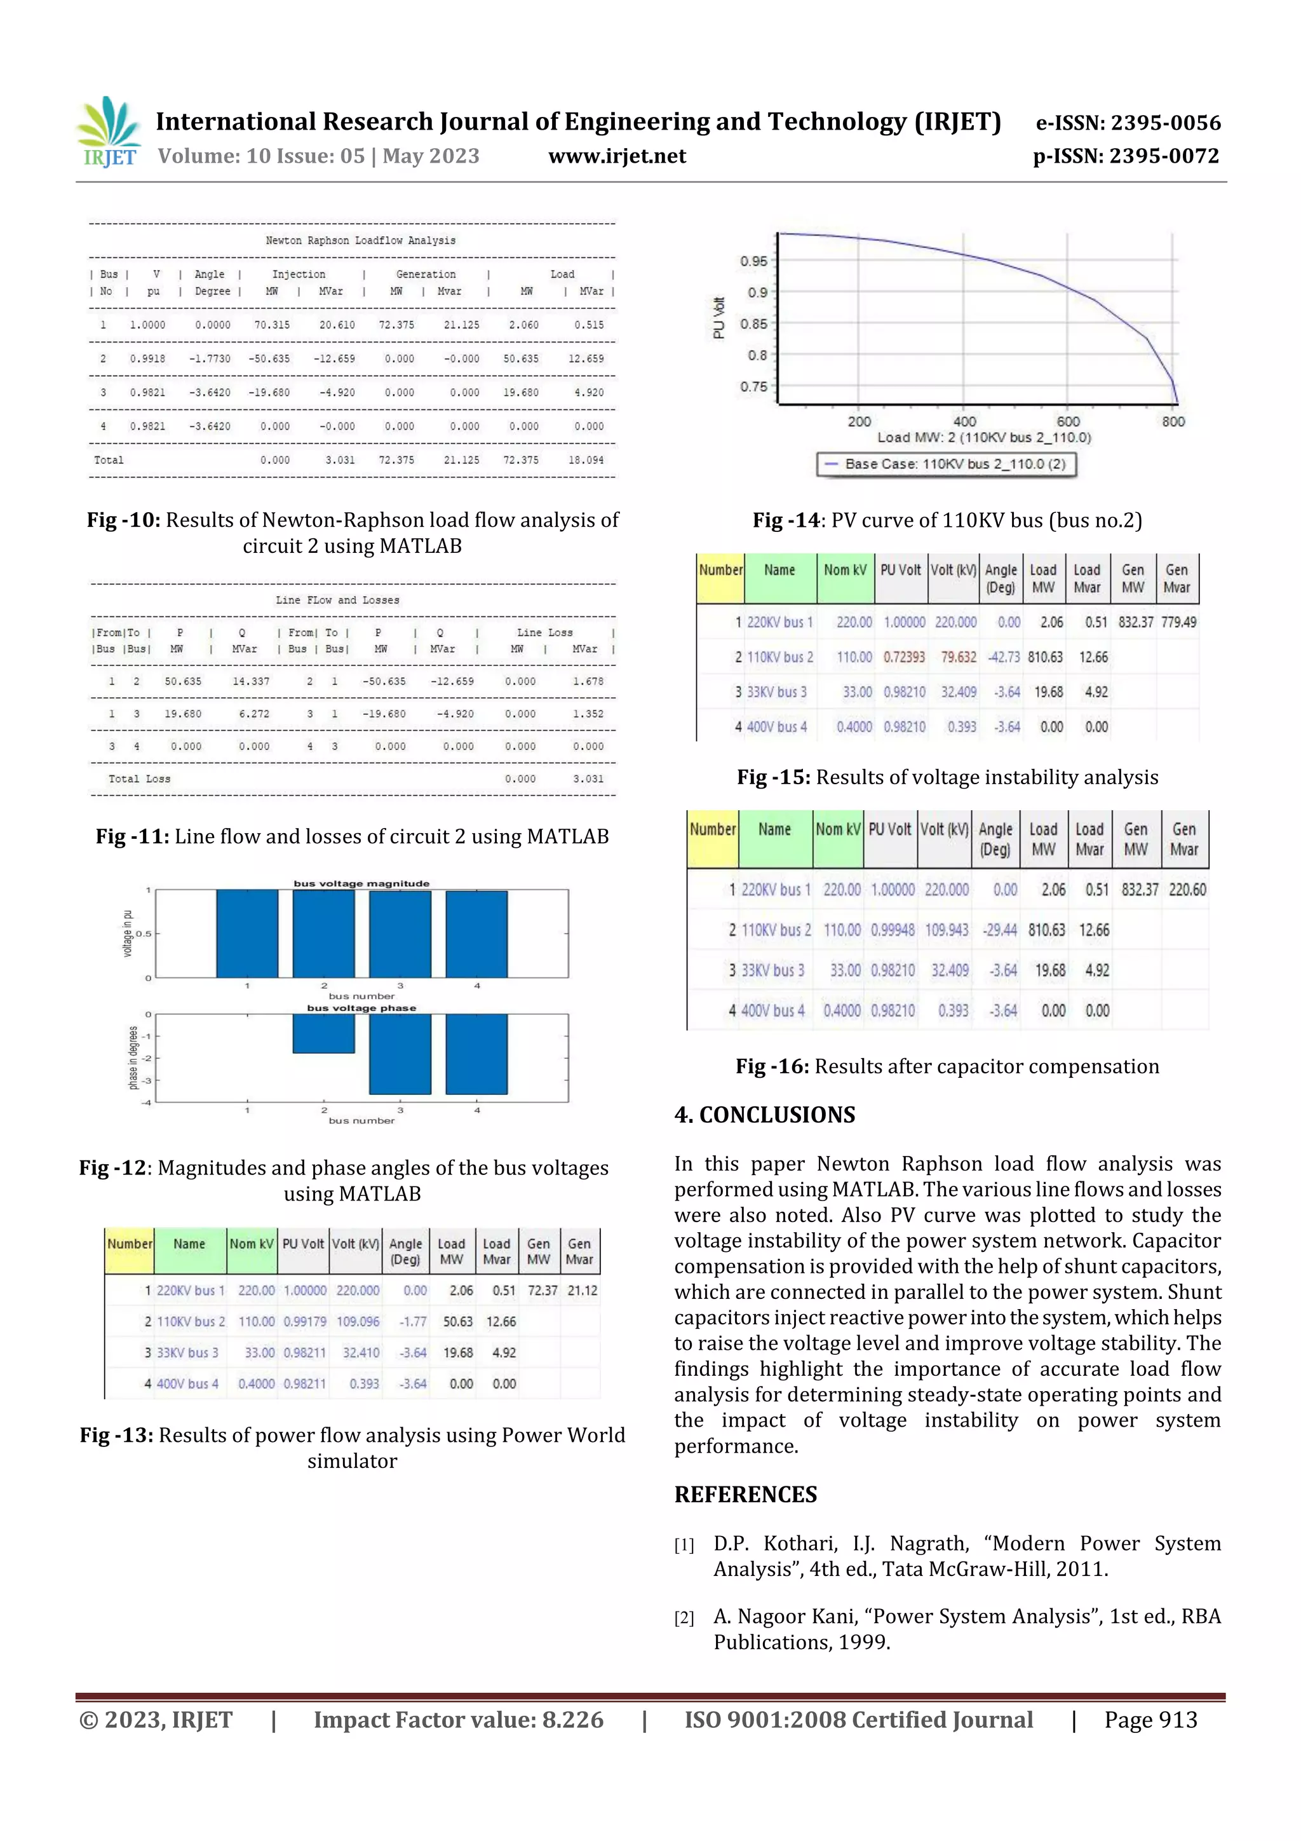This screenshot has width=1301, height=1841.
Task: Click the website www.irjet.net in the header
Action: (616, 156)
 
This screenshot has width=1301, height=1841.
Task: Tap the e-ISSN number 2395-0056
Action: (1164, 123)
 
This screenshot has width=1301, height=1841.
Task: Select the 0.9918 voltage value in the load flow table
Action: (147, 358)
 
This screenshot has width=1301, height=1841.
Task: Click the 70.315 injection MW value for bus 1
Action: (272, 325)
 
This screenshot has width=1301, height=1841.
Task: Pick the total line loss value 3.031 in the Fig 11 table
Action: (588, 778)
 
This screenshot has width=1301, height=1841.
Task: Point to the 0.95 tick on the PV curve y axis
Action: (753, 261)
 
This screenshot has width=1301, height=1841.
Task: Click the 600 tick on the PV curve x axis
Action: (1068, 421)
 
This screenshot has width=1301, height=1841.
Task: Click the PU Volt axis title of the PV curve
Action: (719, 318)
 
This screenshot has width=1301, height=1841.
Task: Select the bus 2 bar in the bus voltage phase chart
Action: (323, 1033)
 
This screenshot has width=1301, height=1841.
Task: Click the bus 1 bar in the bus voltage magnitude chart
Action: (247, 934)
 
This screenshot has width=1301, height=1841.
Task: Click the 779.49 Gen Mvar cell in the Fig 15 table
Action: (1178, 622)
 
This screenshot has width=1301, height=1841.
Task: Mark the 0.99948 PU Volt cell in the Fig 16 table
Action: (892, 930)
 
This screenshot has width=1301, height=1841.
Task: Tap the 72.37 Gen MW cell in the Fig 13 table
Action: (542, 1290)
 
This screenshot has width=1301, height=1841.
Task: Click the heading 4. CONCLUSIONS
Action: (764, 1115)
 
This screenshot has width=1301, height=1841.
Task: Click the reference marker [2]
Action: (684, 1617)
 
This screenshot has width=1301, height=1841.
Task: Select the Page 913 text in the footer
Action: (1150, 1719)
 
